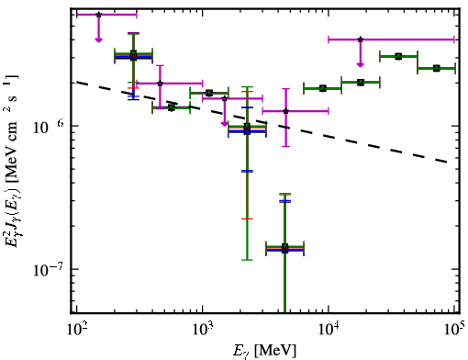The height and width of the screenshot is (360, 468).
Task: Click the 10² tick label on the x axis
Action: (77, 329)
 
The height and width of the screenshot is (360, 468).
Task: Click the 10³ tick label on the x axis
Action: (203, 329)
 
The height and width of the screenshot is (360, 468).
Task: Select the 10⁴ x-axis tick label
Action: (329, 329)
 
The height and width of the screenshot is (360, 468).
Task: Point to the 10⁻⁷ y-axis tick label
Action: (48, 269)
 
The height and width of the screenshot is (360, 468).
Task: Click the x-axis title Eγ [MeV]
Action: (264, 351)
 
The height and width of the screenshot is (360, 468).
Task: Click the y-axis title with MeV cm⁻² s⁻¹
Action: (12, 161)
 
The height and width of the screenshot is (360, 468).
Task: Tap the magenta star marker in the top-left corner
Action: (98, 15)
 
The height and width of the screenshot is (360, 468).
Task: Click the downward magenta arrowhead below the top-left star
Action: (98, 39)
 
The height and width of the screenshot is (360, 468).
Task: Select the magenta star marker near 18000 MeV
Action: (361, 39)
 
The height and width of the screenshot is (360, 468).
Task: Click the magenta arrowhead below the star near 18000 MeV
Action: (361, 64)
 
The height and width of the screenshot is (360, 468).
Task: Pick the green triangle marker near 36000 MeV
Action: (398, 56)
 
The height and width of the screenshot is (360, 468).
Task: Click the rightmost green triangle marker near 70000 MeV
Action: (437, 68)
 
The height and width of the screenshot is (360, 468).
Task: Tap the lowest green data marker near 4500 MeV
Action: (284, 247)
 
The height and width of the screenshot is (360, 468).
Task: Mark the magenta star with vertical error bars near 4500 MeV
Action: (285, 111)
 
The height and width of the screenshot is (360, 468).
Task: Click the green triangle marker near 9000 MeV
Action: (322, 88)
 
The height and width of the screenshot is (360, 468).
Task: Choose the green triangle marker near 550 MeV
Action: (172, 107)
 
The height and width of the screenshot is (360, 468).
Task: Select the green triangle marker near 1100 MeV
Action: (209, 93)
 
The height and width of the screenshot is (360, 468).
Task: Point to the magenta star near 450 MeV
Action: (160, 84)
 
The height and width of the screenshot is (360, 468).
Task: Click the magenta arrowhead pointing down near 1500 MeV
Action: (225, 124)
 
